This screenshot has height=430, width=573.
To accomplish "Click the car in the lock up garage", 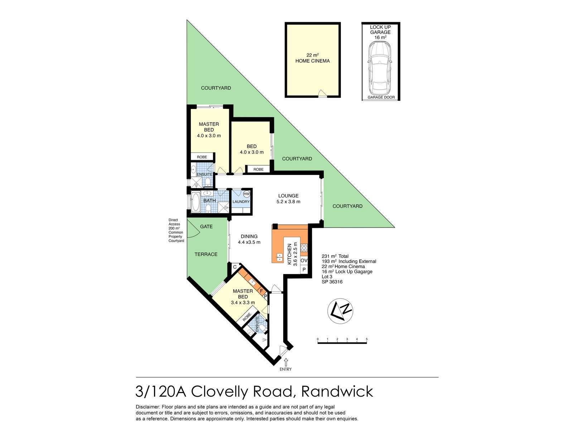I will click(x=380, y=67).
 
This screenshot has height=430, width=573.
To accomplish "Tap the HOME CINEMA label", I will click(x=312, y=61).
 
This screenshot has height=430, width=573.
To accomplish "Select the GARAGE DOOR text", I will click(x=381, y=97).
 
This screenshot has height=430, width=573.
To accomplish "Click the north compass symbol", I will click(x=340, y=311).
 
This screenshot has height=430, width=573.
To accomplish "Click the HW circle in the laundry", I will click(x=246, y=194).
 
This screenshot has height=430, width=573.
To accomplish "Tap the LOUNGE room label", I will click(x=288, y=196).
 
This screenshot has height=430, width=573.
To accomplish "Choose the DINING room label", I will click(x=249, y=236).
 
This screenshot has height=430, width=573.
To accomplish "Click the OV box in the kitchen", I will click(x=304, y=261).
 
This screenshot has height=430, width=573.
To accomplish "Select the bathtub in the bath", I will click(x=196, y=202).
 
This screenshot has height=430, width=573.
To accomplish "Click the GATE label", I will click(x=206, y=226).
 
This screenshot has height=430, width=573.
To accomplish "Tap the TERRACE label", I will click(x=206, y=254).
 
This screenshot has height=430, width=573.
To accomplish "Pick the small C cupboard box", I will click(x=235, y=267).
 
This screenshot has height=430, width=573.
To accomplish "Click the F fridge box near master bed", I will click(x=261, y=291).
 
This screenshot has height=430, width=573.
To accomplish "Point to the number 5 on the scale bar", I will click(x=367, y=339).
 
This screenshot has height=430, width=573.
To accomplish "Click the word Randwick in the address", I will click(x=337, y=391).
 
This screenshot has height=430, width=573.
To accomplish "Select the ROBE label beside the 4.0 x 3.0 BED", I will click(x=258, y=169).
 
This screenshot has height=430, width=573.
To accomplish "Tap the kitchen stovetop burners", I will click(x=304, y=248).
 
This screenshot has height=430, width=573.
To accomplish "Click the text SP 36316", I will click(x=332, y=282).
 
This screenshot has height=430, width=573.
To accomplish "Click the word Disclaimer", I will click(x=148, y=407).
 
